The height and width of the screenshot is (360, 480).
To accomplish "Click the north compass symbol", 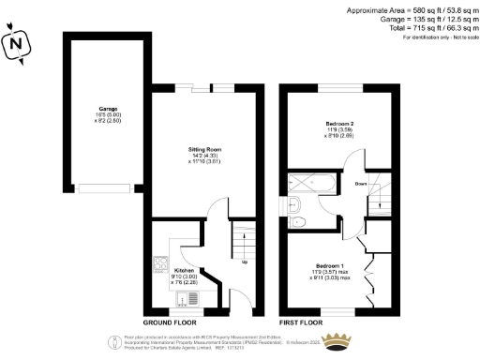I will pos(15,42).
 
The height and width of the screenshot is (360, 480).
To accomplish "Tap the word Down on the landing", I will pos(361,184).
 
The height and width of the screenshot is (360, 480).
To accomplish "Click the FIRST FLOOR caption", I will pos(301,322).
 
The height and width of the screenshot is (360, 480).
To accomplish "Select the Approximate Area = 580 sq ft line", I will pos(412,9).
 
